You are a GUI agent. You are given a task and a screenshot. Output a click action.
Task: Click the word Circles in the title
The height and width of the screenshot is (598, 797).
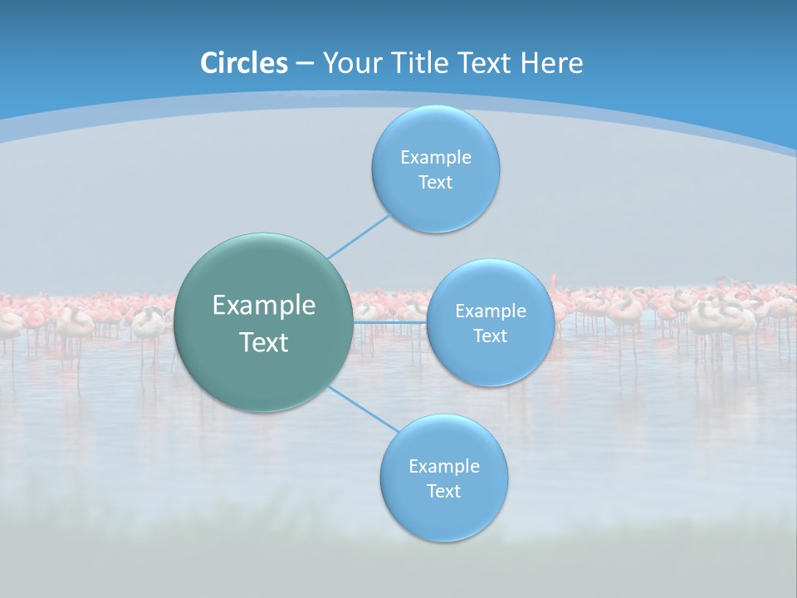coord(244,63)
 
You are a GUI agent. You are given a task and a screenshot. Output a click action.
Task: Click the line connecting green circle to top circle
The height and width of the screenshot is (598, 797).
coord(358,237)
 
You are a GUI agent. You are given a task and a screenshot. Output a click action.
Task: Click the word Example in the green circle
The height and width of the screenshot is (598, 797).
coord(264,306)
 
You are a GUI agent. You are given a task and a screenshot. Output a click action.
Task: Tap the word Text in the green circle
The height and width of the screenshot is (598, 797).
coord(264,342)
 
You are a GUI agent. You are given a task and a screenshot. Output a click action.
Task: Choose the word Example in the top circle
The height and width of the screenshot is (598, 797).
coord(436,158)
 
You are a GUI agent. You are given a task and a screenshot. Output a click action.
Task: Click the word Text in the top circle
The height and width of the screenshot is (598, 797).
coord(435,183)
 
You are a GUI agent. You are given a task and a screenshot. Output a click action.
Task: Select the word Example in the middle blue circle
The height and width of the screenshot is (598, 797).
coord(491,311)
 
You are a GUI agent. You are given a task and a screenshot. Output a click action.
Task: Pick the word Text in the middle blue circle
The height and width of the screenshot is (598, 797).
coord(491,336)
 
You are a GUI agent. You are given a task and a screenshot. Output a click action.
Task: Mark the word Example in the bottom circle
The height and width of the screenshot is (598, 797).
coord(444,467)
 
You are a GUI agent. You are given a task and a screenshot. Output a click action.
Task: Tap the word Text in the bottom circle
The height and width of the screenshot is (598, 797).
coord(443,492)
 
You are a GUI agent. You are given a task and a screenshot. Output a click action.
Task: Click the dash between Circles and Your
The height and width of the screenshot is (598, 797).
coord(305,64)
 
